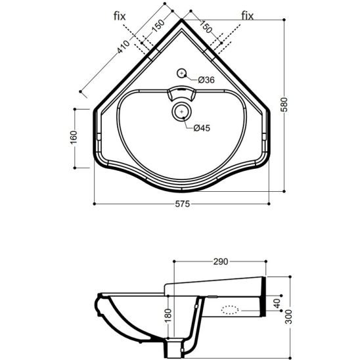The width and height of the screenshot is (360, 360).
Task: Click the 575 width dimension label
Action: [x=183, y=204]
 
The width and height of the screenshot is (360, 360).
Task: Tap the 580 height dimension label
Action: [x=284, y=104]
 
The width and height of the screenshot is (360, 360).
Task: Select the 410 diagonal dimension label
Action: [x=124, y=47]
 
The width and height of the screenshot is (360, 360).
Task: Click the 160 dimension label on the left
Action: [x=74, y=137]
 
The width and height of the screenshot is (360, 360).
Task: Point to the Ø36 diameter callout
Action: [x=206, y=80]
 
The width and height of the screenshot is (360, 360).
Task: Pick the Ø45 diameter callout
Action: [x=202, y=128]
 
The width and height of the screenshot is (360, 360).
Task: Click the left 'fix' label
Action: [x=120, y=16]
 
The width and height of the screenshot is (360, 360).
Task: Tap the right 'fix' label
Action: [x=248, y=16]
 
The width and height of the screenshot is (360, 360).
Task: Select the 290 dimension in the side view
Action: [x=221, y=261]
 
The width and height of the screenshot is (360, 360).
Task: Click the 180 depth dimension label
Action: [x=168, y=316]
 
